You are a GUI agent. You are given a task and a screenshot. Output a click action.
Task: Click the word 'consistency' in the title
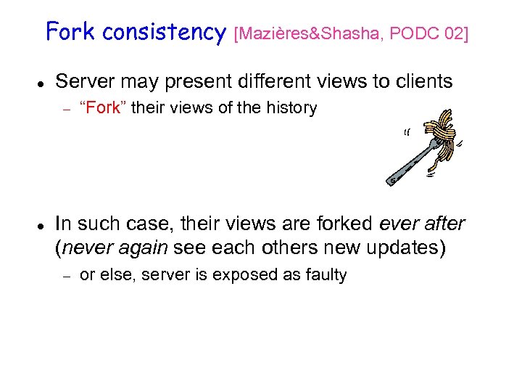(x=165, y=32)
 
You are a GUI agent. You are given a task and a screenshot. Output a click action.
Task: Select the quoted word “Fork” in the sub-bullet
(x=101, y=109)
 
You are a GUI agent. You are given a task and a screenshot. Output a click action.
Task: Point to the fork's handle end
(x=392, y=179)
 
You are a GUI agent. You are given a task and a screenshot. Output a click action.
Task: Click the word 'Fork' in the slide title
(x=71, y=32)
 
